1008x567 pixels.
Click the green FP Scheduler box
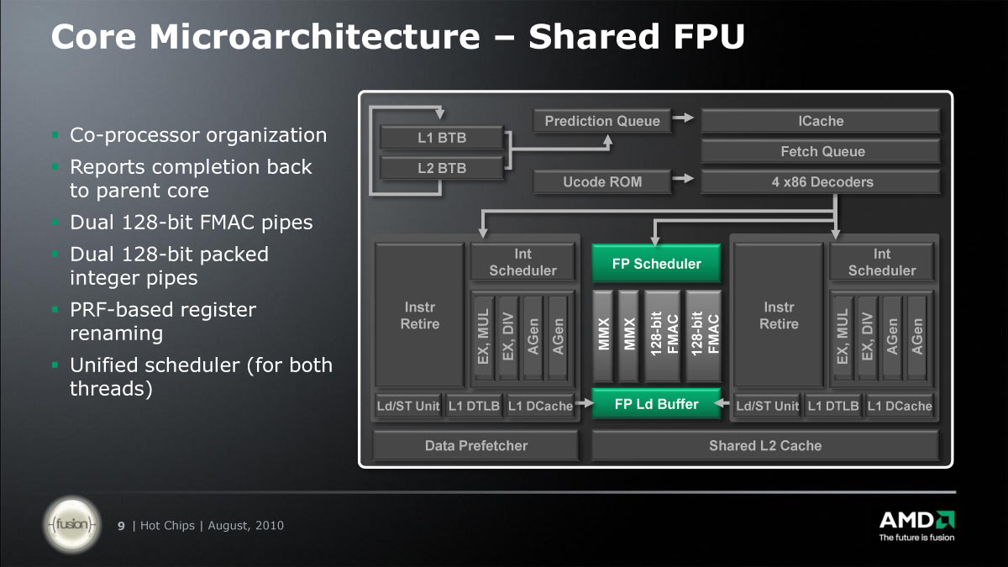coord(656,264)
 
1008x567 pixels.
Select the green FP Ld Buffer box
coord(656,404)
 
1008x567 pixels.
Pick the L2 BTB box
coord(442,167)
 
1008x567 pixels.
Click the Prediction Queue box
coord(602,121)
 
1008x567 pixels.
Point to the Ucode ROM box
coord(602,181)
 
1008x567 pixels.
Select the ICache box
coord(820,121)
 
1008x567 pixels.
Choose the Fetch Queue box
coord(820,151)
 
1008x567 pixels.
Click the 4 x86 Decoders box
coord(820,181)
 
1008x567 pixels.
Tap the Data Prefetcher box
coord(475,445)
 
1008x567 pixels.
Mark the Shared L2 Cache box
coord(764,445)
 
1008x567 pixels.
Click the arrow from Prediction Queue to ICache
coord(684,119)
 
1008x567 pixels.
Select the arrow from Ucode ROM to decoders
coord(684,178)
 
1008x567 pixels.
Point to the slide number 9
coord(121,526)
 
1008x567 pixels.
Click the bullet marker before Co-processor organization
coord(55,134)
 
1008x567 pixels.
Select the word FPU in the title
coord(706,37)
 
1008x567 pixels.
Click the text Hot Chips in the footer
coord(167,526)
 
